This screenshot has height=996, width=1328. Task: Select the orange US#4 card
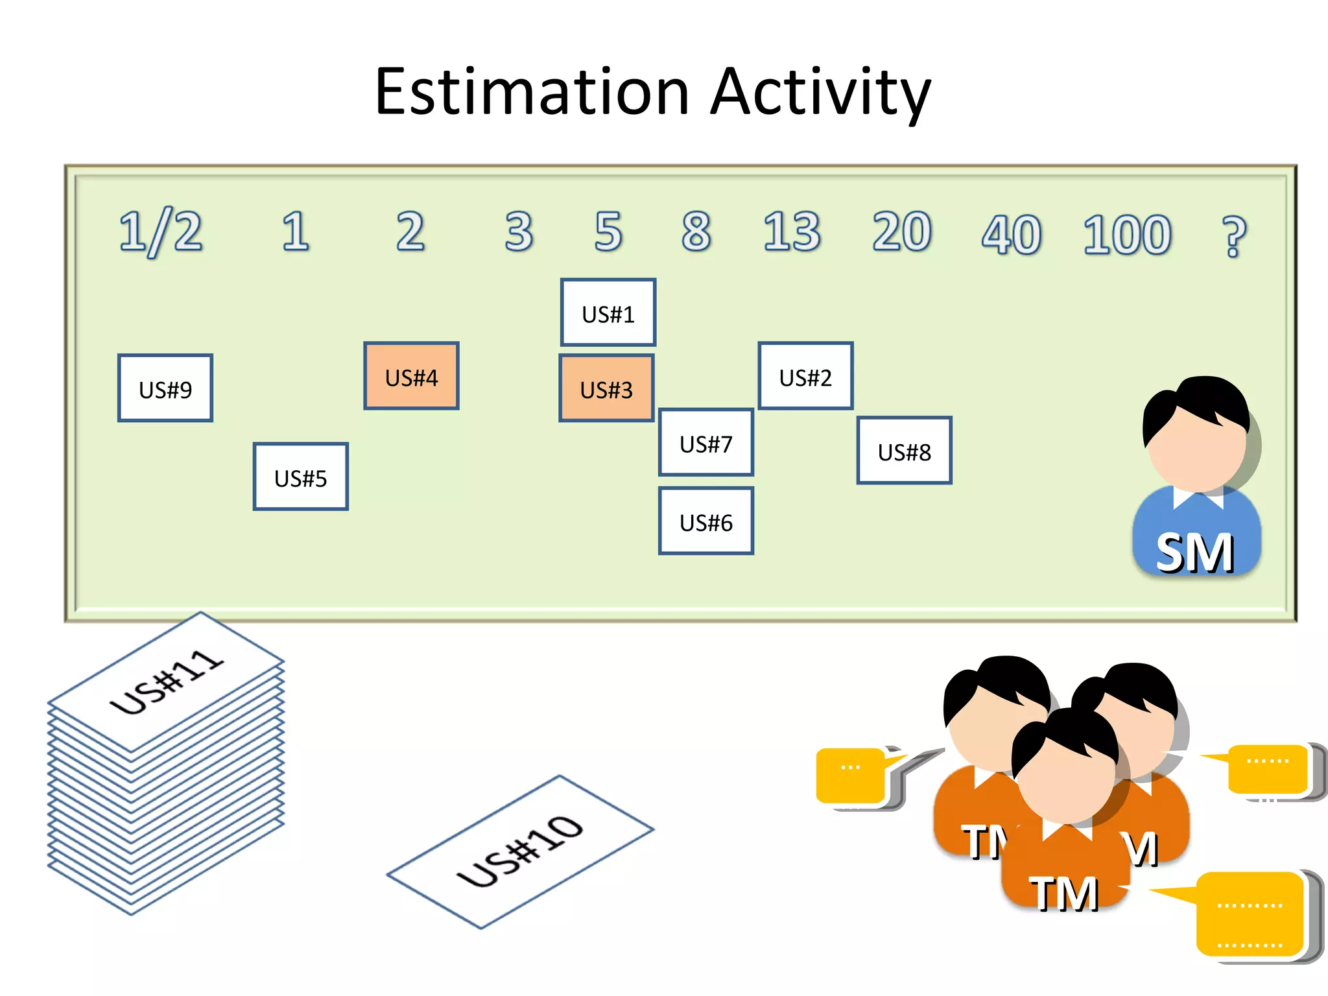click(x=411, y=376)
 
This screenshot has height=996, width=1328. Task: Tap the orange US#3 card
click(x=606, y=388)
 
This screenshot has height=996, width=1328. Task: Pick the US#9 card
click(x=165, y=388)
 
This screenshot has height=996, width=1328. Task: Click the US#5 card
click(x=300, y=477)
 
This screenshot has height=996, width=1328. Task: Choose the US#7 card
click(x=705, y=443)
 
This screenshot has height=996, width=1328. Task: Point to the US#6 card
click(x=705, y=521)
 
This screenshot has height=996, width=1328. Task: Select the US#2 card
click(x=805, y=376)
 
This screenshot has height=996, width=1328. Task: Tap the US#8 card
click(x=904, y=451)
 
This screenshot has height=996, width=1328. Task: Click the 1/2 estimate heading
click(x=160, y=232)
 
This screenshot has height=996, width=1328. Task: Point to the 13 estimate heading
click(x=791, y=231)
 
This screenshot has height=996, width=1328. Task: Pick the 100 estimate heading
click(x=1127, y=235)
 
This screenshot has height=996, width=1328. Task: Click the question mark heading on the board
click(x=1233, y=237)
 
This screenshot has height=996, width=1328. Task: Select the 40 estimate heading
click(x=1011, y=235)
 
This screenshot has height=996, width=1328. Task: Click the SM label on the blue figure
click(x=1194, y=552)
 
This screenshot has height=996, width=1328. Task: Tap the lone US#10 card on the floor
click(x=520, y=851)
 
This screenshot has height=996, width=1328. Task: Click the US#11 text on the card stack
click(x=167, y=681)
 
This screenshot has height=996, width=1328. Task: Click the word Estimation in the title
click(x=532, y=92)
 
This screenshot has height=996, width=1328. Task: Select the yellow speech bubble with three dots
click(x=851, y=776)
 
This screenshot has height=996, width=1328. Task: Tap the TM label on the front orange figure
click(x=1063, y=894)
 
